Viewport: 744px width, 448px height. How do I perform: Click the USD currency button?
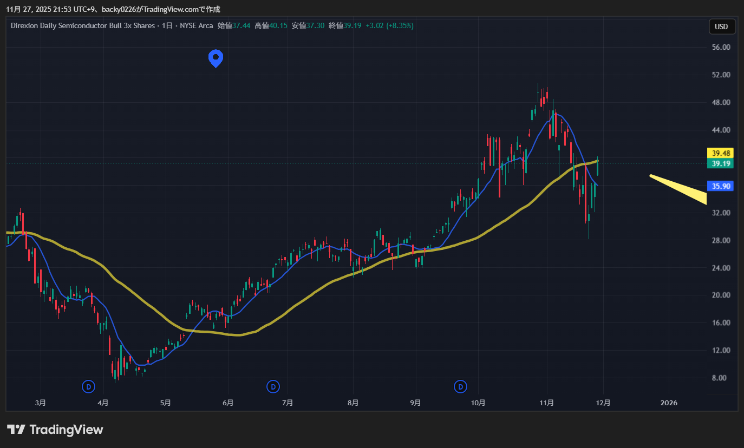tap(721, 27)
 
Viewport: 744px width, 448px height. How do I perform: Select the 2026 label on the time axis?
tap(669, 403)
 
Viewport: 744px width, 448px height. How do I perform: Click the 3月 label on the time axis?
tap(40, 403)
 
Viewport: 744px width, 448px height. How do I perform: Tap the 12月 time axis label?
tap(603, 403)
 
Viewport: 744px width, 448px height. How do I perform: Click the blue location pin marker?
tap(216, 57)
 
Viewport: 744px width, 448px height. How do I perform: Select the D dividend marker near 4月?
tap(88, 386)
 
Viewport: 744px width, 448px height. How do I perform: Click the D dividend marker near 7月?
tap(274, 386)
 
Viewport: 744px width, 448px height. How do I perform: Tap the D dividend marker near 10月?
tap(460, 386)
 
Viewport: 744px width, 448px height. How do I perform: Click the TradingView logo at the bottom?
tap(55, 430)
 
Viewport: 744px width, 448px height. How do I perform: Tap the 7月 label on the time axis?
tap(288, 403)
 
